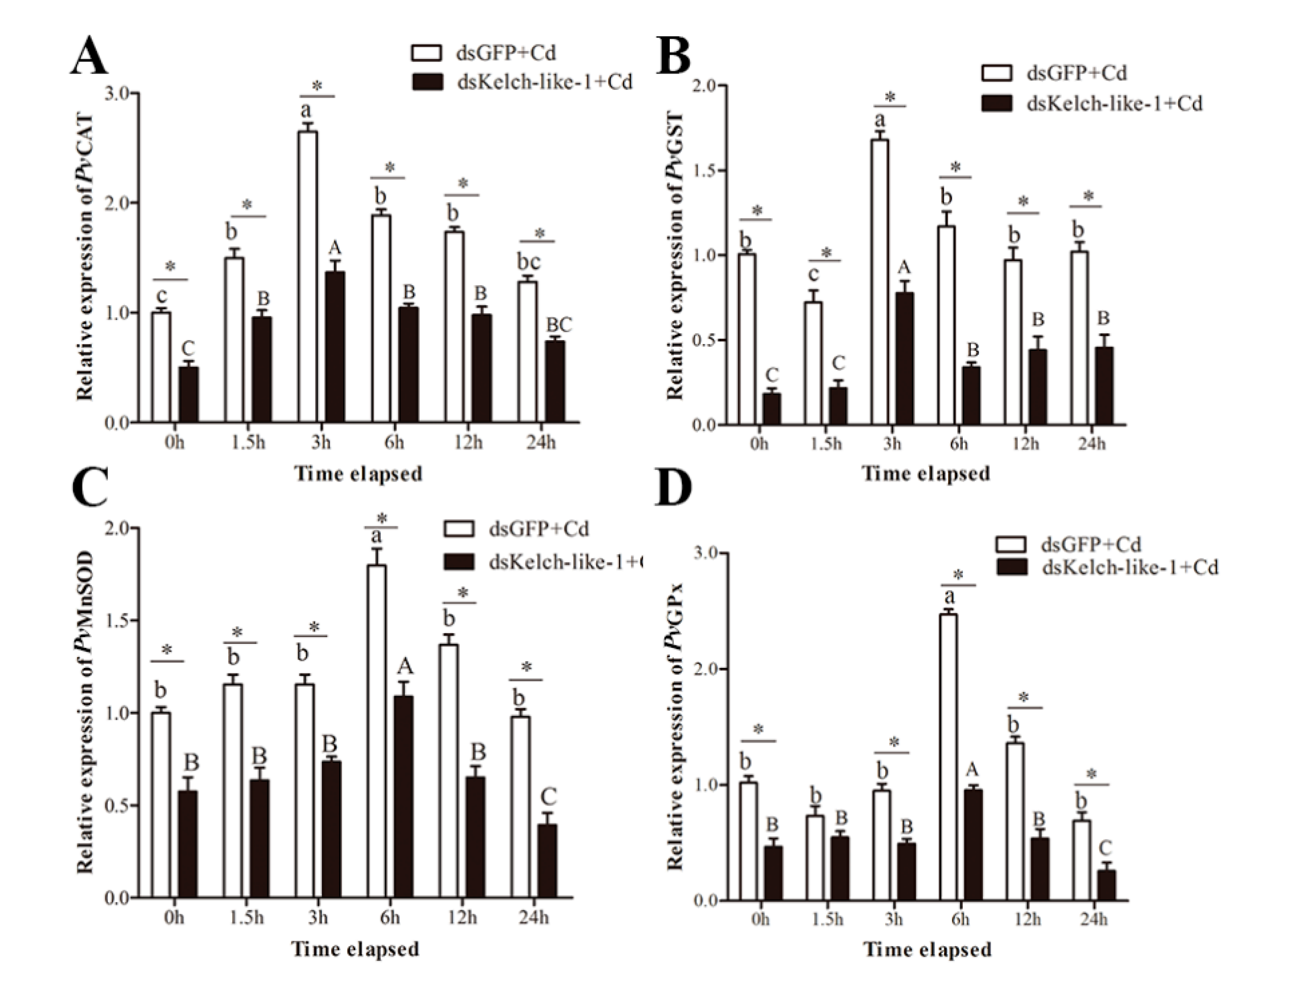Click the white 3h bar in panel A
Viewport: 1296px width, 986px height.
(x=307, y=276)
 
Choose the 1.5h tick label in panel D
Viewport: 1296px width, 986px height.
(x=828, y=919)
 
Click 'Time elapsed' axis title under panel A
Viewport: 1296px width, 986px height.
(x=358, y=474)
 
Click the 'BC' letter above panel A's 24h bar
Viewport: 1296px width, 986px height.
(x=558, y=324)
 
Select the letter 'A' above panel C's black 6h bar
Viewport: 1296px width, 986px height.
(x=405, y=666)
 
